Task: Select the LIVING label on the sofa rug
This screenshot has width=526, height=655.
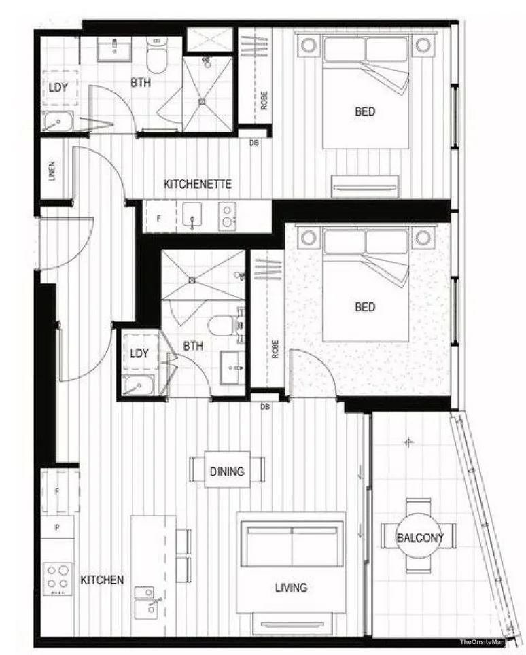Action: tap(291, 588)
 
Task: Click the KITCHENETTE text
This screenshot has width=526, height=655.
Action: tap(198, 184)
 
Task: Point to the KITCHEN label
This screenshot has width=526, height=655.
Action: tap(102, 580)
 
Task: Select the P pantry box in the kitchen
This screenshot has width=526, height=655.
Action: tap(57, 527)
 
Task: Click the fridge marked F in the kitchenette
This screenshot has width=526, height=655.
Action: tap(159, 219)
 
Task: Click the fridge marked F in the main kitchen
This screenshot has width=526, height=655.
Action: tap(58, 489)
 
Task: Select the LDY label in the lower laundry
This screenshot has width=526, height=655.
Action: tap(139, 353)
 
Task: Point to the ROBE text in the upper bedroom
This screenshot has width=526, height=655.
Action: tap(264, 101)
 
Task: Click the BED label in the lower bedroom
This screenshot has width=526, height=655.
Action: tap(365, 307)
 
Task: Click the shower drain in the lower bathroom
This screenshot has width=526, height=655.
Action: tap(193, 279)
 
